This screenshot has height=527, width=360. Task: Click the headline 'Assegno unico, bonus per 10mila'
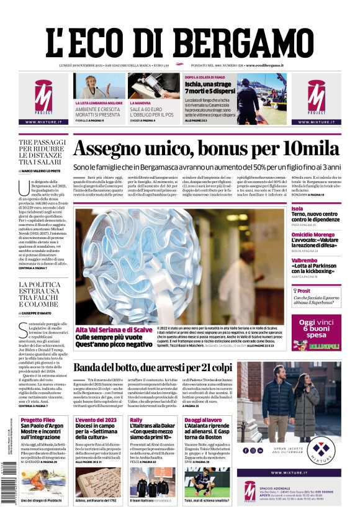206,149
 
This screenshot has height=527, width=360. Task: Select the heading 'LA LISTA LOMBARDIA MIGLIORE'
99,102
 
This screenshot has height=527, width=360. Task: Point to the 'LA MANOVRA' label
140,102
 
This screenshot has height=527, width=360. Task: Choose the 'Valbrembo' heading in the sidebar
305,261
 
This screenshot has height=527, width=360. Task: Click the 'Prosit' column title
304,291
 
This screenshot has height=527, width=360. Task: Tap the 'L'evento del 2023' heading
96,420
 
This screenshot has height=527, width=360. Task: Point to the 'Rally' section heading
136,420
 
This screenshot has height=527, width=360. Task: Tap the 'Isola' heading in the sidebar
297,209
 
